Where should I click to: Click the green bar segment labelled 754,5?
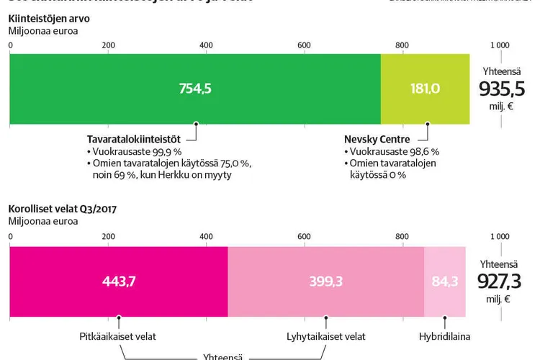pyautogui.click(x=195, y=89)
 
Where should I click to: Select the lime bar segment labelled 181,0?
pyautogui.click(x=425, y=89)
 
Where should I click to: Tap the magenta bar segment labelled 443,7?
pyautogui.click(x=118, y=282)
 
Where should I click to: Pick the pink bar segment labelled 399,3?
pyautogui.click(x=325, y=282)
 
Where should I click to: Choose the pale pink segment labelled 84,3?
pyautogui.click(x=444, y=282)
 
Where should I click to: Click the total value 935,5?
pyautogui.click(x=502, y=89)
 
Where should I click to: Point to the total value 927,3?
pyautogui.click(x=502, y=281)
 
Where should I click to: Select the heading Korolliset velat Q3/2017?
pyautogui.click(x=63, y=210)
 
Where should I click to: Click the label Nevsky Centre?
pyautogui.click(x=377, y=139)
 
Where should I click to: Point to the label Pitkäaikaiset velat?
pyautogui.click(x=117, y=336)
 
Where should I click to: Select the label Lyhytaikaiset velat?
pyautogui.click(x=325, y=336)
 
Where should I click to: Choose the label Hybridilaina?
pyautogui.click(x=444, y=336)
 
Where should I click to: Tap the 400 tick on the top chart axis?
pyautogui.click(x=206, y=45)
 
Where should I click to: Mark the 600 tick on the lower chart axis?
pyautogui.click(x=304, y=237)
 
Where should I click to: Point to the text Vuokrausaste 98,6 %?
pyautogui.click(x=392, y=152)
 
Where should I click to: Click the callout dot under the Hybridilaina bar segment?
pyautogui.click(x=444, y=317)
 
